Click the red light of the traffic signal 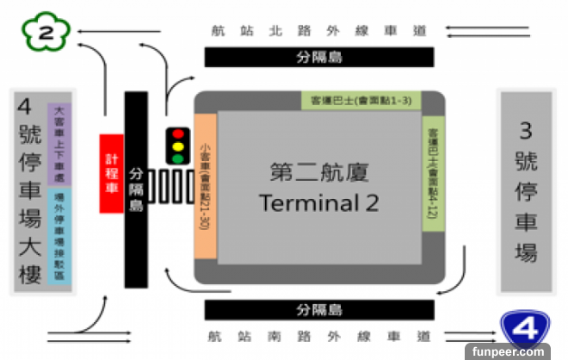coord(178,135)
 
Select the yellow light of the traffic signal coord(178,147)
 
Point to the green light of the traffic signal coord(178,159)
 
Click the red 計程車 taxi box coord(111,172)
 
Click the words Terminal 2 coord(318,203)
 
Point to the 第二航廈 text coord(319,172)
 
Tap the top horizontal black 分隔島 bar coord(318,58)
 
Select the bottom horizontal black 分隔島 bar coord(318,309)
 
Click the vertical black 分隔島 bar coord(136,189)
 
